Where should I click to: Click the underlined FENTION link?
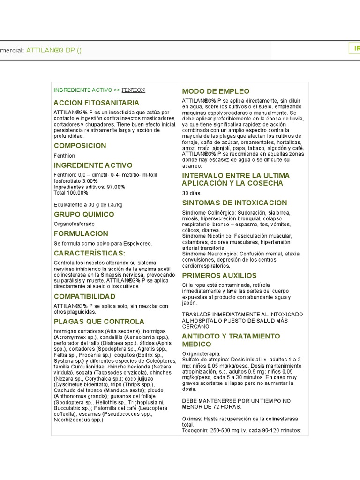point(133,90)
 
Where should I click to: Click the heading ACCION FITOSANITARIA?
point(97,103)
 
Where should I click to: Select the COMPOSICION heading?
point(80,146)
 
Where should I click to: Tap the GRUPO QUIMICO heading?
point(84,214)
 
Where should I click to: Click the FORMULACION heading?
point(81,233)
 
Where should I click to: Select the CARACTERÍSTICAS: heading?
point(90,253)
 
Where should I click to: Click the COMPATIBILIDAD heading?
point(84,297)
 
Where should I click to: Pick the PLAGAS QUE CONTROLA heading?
point(99,322)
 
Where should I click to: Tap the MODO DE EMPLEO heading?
point(216,91)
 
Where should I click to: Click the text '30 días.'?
point(191,193)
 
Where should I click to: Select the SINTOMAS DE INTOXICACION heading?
point(234,203)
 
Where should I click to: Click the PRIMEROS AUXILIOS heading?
point(219,276)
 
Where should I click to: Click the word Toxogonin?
point(195,431)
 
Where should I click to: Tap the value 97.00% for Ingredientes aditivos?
point(115,187)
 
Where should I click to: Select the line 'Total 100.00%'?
point(71,193)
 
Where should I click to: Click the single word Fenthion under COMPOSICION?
point(64,156)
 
